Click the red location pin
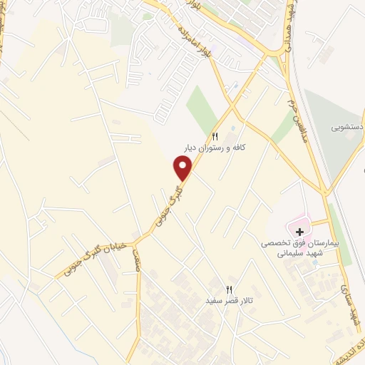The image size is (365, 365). [183, 167]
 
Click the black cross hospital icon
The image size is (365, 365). [300, 231]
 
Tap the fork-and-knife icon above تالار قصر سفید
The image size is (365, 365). [229, 289]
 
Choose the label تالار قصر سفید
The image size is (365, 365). [230, 301]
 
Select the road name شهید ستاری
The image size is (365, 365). [351, 306]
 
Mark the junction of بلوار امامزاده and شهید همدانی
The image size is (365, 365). [274, 54]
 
